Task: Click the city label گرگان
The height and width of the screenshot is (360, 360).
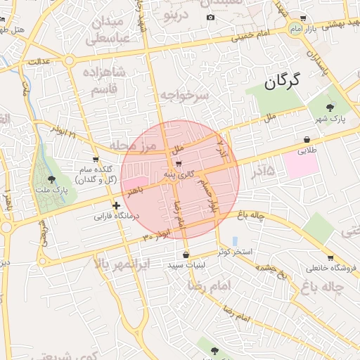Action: tap(282, 82)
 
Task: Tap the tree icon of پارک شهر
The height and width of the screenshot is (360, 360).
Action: tap(330, 106)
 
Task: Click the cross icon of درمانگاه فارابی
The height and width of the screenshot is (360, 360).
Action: tap(116, 205)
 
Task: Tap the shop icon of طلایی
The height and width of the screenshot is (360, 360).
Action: tap(307, 139)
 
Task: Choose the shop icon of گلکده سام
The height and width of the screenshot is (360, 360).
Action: tap(96, 160)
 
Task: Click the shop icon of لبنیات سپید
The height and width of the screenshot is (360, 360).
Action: tap(186, 255)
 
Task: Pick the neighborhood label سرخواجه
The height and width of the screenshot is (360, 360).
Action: tap(185, 95)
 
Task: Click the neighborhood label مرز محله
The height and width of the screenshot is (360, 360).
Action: tap(130, 146)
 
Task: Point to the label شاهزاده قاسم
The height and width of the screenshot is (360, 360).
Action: tap(104, 81)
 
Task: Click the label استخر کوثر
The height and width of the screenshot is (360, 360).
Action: tap(235, 251)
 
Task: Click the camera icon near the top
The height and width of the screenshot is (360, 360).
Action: tap(210, 17)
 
